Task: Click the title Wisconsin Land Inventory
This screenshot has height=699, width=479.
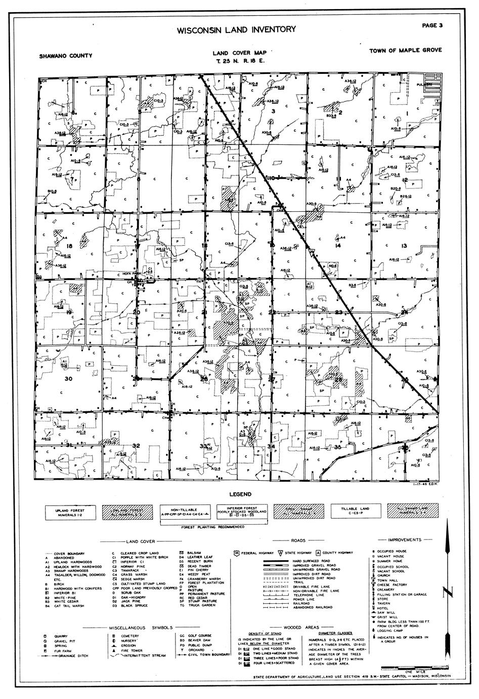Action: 237,30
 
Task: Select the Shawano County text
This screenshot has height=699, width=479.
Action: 66,56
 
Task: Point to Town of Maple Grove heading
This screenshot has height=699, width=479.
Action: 406,50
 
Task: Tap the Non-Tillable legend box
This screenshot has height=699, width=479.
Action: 185,513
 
